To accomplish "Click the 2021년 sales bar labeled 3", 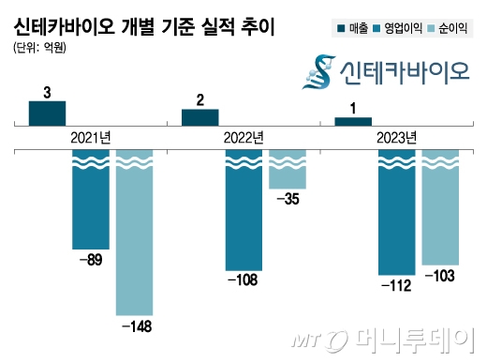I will (47, 113).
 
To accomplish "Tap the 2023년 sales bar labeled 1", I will (352, 120).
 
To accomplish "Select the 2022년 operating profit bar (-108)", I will (243, 210).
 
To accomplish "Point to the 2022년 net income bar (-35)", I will (288, 170).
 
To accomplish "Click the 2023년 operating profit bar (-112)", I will (396, 212).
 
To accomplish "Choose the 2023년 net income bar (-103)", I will (440, 207).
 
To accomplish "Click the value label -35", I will (288, 200).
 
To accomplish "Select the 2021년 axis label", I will (91, 138).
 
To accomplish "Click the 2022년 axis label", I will (243, 138).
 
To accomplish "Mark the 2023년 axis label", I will (396, 138).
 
